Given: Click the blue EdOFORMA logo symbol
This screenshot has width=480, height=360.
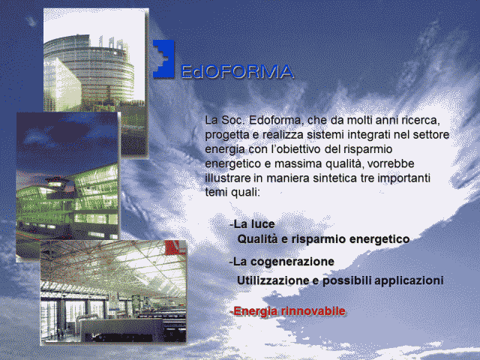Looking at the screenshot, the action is click(163, 58).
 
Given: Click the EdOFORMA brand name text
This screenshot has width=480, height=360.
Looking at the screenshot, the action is click(237, 72).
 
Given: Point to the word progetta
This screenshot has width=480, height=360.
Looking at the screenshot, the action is click(223, 135).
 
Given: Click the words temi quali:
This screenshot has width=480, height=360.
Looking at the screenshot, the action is click(232, 192).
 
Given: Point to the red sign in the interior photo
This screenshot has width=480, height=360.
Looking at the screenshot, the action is click(175, 247).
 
